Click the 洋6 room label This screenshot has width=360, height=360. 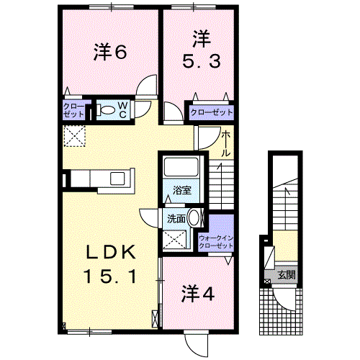click(x=110, y=52)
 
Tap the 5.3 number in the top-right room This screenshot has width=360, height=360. click(x=202, y=61)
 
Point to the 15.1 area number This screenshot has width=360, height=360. click(x=110, y=276)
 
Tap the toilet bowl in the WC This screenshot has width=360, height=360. click(x=107, y=110)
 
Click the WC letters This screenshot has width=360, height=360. click(x=123, y=110)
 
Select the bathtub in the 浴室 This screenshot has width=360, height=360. click(x=181, y=166)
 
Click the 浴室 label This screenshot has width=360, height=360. click(x=182, y=190)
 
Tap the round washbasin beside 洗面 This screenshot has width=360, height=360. click(x=194, y=217)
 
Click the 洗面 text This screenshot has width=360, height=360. click(x=176, y=219)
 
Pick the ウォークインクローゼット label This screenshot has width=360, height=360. click(x=216, y=242)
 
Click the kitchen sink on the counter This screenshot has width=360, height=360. click(x=117, y=179)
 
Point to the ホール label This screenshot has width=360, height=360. click(x=225, y=144)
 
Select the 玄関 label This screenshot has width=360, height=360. click(x=287, y=275)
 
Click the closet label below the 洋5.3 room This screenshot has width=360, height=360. click(x=212, y=112)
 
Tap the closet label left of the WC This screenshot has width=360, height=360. click(x=73, y=110)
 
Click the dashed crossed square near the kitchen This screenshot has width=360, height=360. click(x=75, y=136)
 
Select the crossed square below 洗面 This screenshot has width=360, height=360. click(x=174, y=239)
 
